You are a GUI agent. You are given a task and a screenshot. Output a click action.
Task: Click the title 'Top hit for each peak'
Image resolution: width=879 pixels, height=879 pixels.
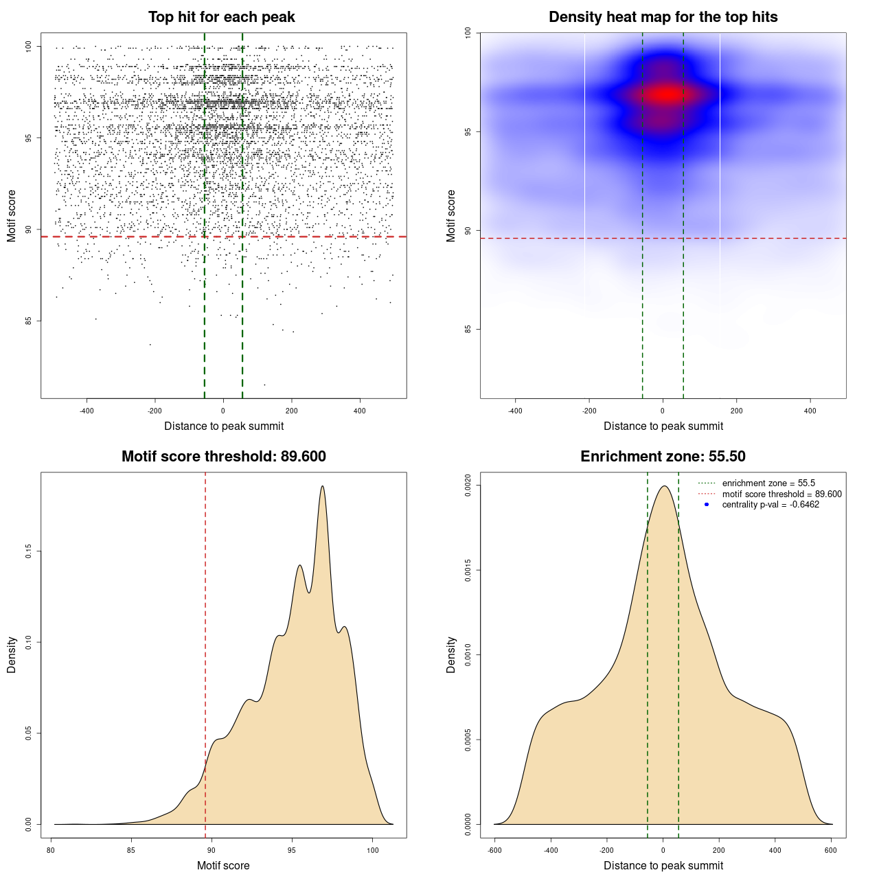(222, 17)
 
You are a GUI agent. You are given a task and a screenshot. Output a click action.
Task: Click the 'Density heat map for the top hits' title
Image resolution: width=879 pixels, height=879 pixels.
(663, 17)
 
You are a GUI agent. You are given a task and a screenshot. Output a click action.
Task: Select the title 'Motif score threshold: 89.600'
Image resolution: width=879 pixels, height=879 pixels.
(223, 457)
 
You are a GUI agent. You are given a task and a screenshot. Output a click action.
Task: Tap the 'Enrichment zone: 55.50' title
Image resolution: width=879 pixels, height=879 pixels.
(663, 457)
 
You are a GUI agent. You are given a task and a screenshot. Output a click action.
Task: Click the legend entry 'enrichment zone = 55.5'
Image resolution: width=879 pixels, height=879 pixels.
(768, 483)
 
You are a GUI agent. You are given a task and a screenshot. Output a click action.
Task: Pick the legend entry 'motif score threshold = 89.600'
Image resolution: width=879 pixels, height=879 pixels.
(781, 494)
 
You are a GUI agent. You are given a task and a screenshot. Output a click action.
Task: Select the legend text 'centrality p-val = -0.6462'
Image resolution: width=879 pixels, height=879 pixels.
(770, 505)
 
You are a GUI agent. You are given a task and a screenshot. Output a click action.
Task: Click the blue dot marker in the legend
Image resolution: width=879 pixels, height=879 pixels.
(707, 505)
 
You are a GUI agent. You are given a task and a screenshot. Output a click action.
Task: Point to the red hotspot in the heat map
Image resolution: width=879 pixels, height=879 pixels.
(665, 94)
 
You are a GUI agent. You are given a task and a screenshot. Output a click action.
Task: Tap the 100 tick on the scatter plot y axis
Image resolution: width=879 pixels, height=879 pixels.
(29, 46)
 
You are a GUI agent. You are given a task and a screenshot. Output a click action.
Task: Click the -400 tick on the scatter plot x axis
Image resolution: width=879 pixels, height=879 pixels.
(87, 411)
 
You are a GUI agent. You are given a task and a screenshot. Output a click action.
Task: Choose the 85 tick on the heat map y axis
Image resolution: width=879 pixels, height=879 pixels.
(468, 330)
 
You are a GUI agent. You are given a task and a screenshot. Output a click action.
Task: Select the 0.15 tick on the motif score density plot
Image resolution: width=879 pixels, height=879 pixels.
(29, 551)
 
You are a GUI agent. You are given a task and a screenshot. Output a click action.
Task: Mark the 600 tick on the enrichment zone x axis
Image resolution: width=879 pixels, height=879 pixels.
(831, 850)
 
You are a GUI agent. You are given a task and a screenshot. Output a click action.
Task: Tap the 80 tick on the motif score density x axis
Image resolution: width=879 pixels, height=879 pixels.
(51, 850)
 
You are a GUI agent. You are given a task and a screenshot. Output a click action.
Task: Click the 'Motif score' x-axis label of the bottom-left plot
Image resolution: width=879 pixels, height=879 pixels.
(223, 865)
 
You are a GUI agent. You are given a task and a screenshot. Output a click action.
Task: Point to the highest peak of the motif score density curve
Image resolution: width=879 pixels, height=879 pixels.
(322, 486)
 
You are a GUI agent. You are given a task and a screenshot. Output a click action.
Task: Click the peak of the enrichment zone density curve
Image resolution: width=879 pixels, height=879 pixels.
(664, 486)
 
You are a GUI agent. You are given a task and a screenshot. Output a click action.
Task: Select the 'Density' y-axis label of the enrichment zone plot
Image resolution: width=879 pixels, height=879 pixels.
(451, 654)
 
